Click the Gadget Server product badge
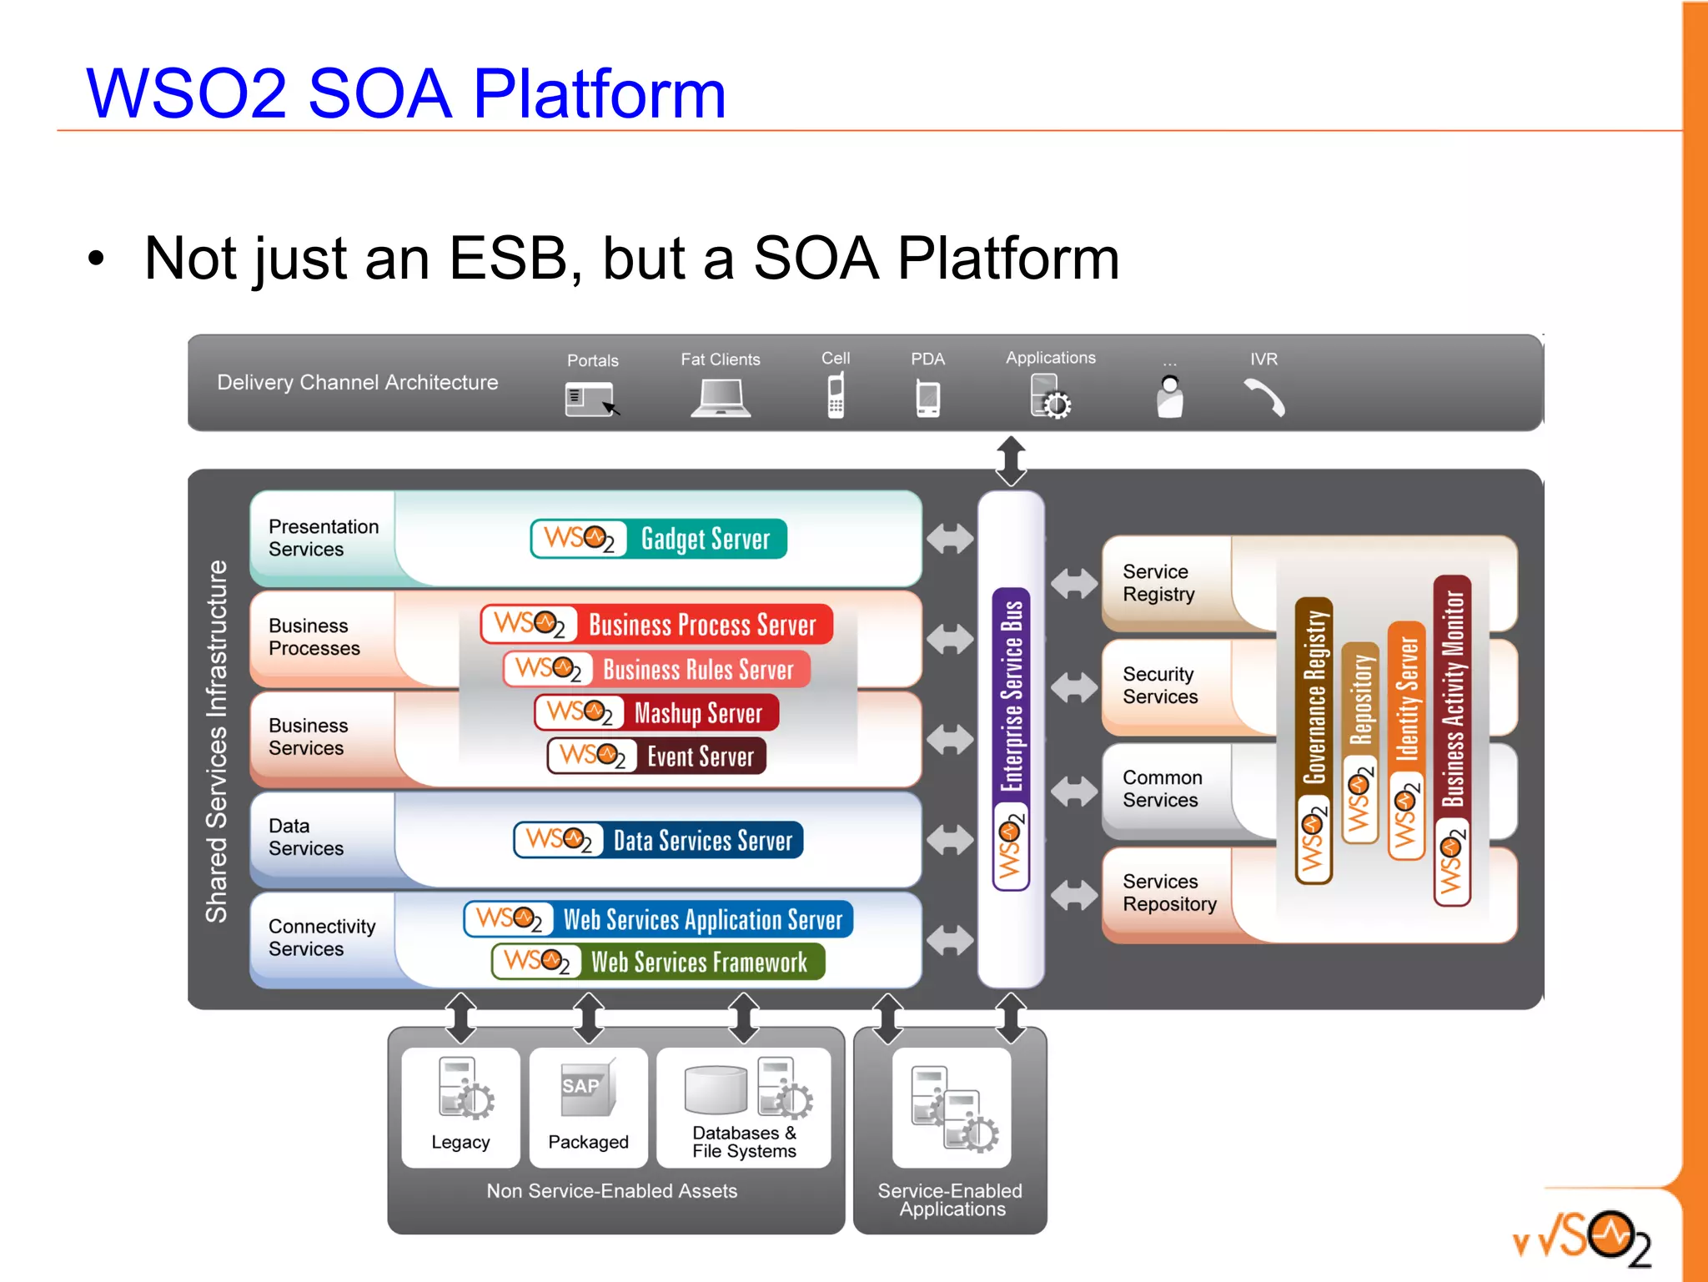[x=659, y=539]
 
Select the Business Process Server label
[x=701, y=625]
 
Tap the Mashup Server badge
[x=657, y=713]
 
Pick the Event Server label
[x=700, y=757]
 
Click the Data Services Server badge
[x=659, y=840]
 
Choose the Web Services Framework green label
[x=699, y=962]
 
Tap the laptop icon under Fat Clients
[x=721, y=398]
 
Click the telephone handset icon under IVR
[x=1264, y=397]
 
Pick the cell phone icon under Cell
[x=836, y=395]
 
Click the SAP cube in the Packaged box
[x=587, y=1088]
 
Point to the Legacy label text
[x=460, y=1142]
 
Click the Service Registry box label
[x=1158, y=582]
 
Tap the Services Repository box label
[x=1169, y=892]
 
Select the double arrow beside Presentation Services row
[x=950, y=538]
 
